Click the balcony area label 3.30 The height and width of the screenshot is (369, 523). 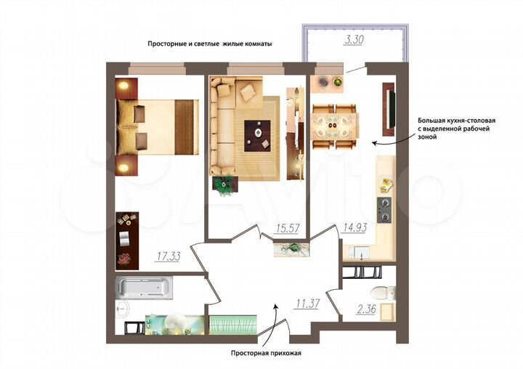[x=354, y=41]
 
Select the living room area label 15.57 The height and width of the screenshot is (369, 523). [x=287, y=229]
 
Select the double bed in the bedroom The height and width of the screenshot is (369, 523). [x=156, y=127]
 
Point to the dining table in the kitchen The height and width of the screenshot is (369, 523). [x=335, y=126]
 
